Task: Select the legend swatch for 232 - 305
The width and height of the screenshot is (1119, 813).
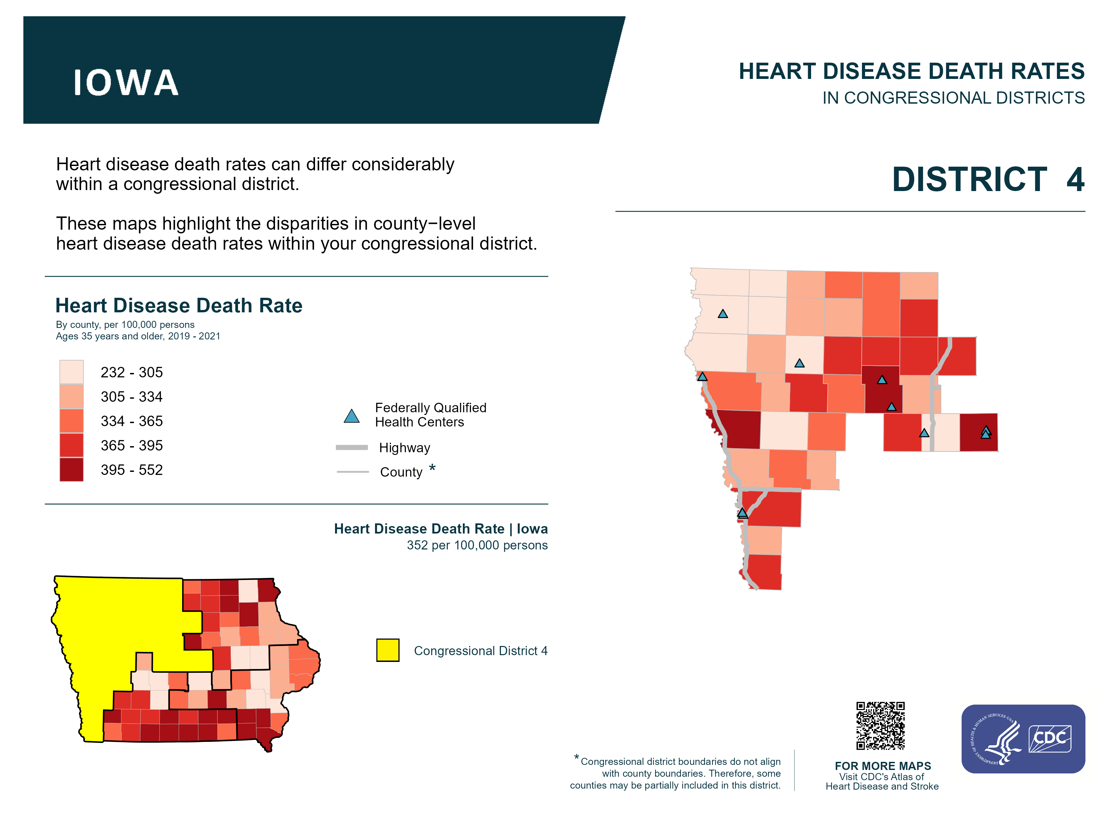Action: point(72,372)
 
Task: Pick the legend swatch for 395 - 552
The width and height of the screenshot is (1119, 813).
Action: point(72,470)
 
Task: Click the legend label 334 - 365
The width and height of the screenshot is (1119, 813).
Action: point(132,421)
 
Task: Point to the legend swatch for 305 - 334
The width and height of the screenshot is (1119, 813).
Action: point(72,396)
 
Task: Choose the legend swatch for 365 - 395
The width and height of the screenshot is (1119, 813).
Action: point(72,445)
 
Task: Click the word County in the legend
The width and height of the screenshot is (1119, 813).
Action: point(401,472)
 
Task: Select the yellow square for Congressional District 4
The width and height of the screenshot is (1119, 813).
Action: point(388,650)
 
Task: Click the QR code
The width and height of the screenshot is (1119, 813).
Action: point(881,726)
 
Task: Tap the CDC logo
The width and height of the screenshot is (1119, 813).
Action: point(1050,738)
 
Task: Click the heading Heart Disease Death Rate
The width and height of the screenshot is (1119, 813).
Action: point(179,306)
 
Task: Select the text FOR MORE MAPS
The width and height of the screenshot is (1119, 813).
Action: point(883,766)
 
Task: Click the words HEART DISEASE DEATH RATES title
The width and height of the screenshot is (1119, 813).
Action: point(911,71)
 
